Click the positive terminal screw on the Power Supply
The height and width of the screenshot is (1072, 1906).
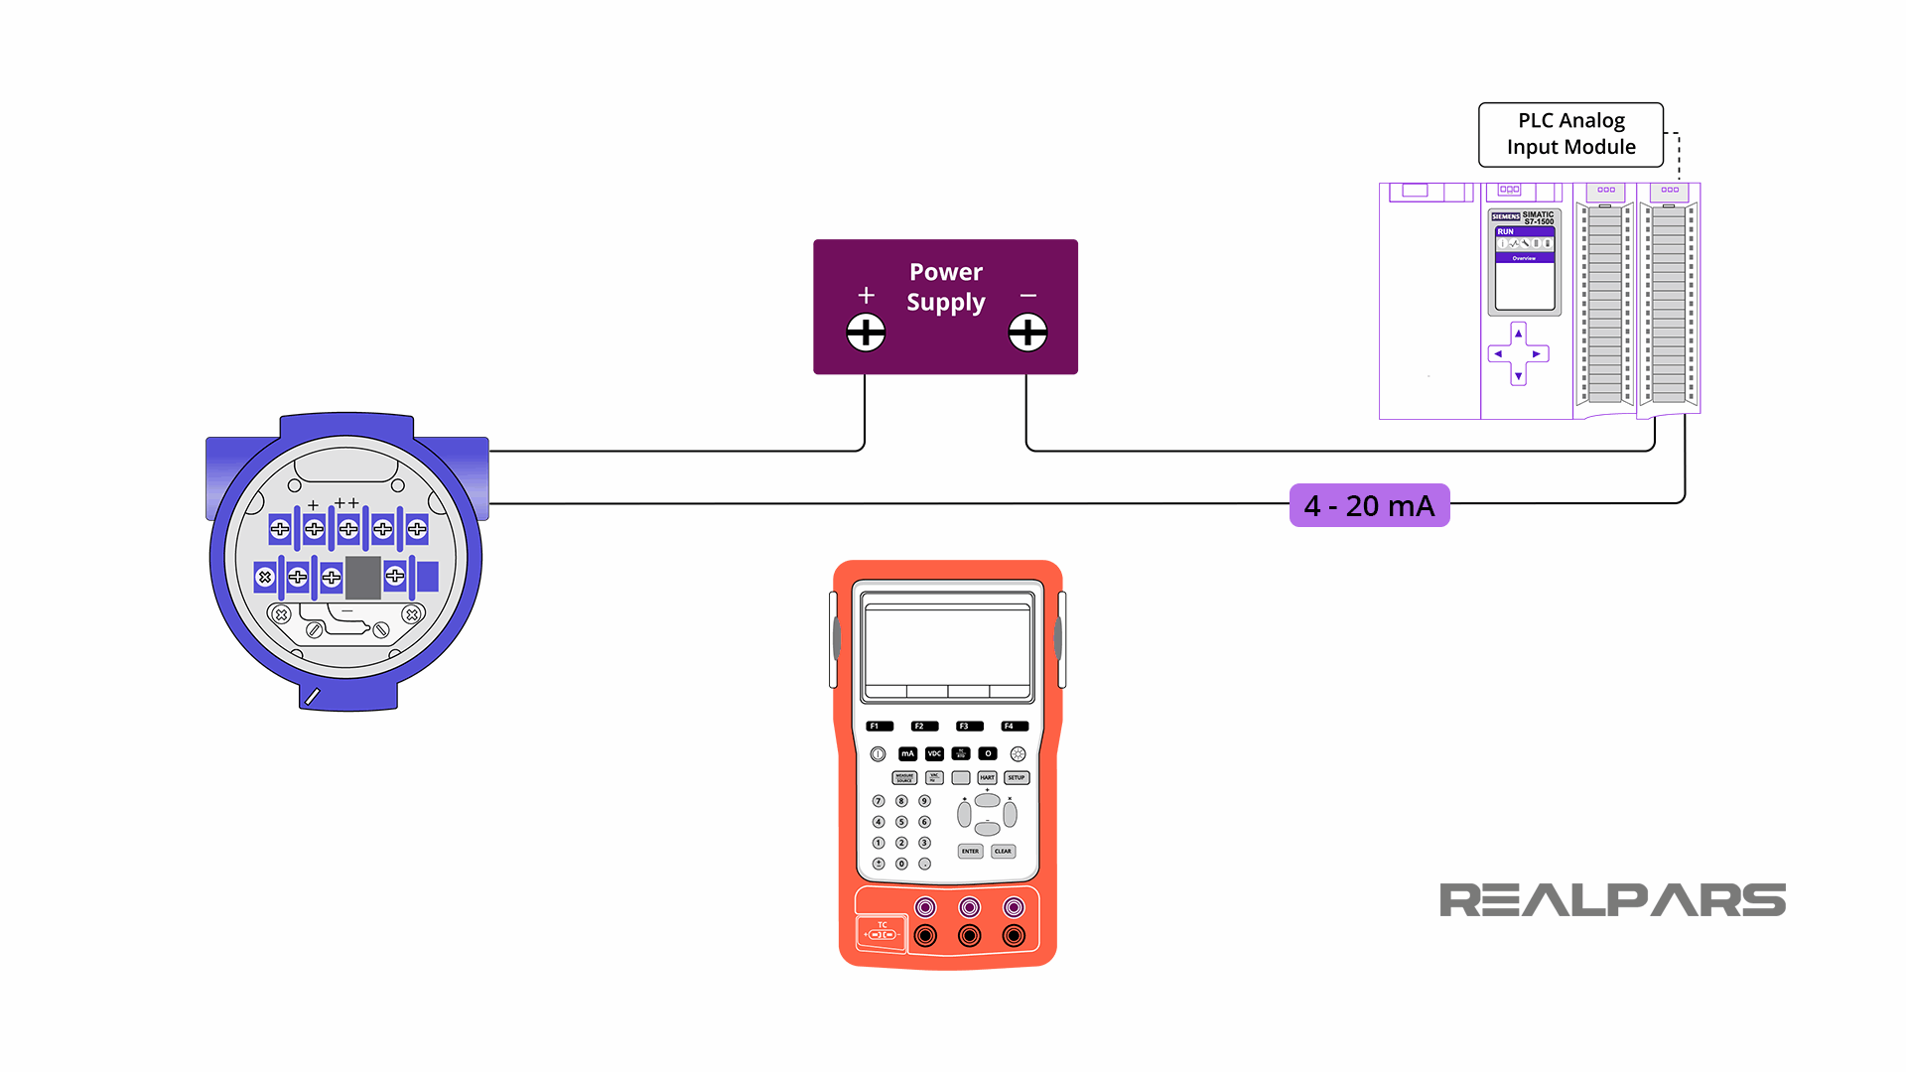point(866,333)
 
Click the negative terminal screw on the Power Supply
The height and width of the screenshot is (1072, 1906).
point(1027,333)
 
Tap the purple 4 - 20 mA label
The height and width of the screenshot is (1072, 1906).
point(1369,505)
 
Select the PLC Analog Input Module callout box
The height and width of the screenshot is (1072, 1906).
point(1570,134)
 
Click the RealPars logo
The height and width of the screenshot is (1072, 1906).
point(1612,900)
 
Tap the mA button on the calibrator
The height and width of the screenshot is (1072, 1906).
point(907,753)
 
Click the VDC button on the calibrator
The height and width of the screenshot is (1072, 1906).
point(934,753)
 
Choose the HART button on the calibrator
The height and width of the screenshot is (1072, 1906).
point(987,777)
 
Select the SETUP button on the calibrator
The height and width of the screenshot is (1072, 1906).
point(1016,777)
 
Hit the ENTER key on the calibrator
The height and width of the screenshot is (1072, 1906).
point(970,851)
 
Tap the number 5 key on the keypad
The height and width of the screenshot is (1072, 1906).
point(901,822)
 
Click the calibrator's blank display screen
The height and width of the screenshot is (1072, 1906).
point(947,644)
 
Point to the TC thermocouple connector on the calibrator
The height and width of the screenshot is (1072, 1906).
point(882,933)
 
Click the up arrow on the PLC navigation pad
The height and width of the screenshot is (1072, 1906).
point(1518,334)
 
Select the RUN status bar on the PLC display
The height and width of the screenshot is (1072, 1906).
point(1524,231)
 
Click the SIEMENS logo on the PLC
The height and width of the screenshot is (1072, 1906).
point(1505,216)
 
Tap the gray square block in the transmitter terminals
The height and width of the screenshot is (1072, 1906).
point(363,578)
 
